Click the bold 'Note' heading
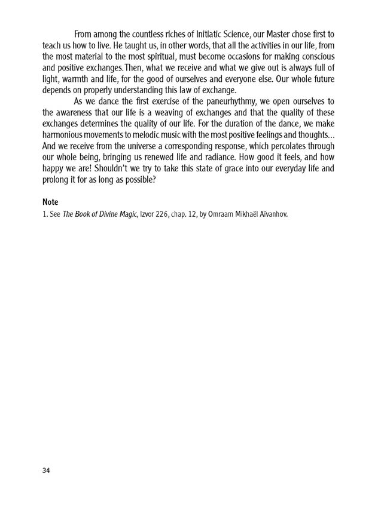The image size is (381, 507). tap(51, 202)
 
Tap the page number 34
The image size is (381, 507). tap(47, 471)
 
